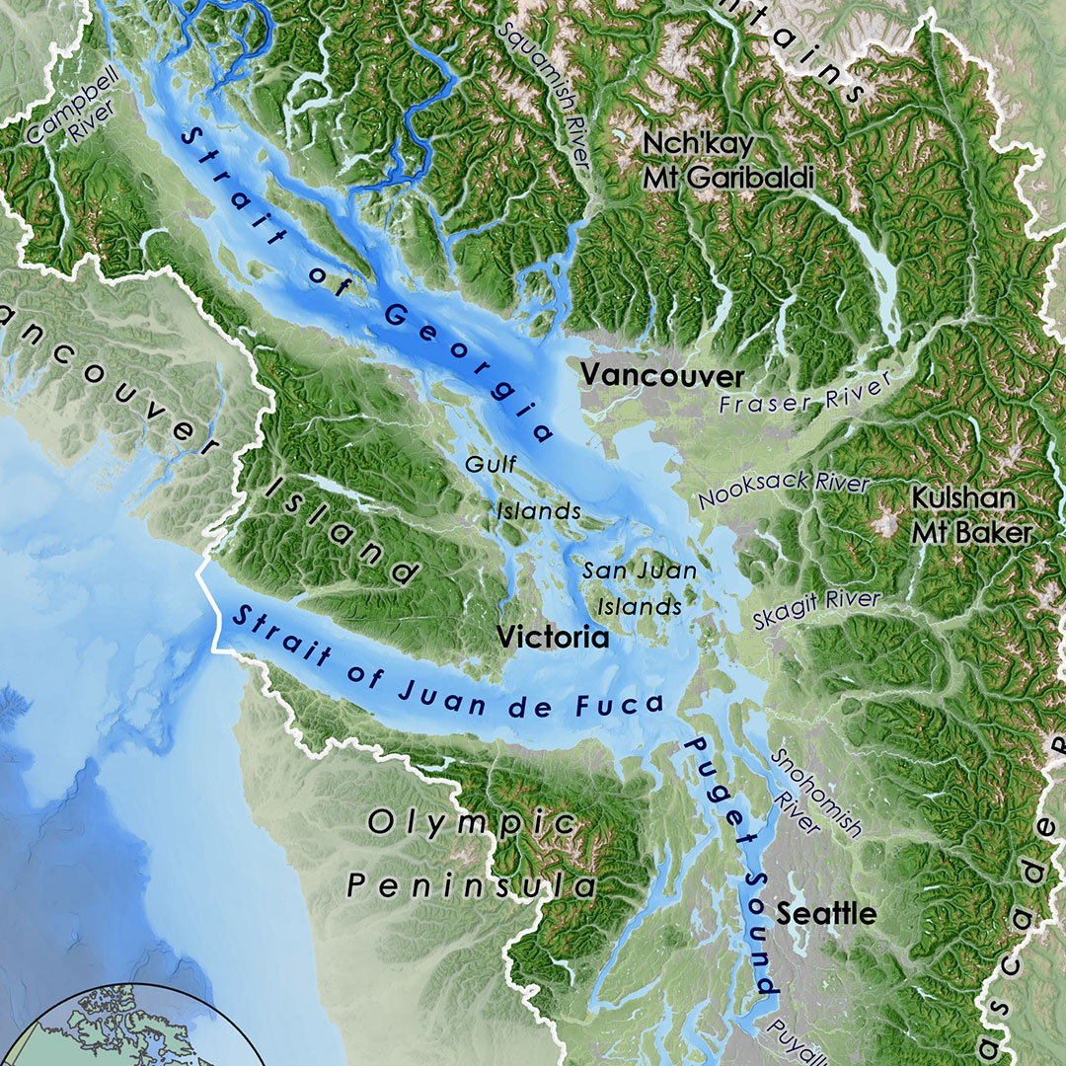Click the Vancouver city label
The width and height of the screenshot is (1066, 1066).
click(x=661, y=376)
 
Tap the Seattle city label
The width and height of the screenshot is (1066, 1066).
click(x=826, y=913)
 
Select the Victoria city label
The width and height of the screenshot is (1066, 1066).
click(x=553, y=639)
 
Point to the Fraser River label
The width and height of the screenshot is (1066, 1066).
click(x=804, y=394)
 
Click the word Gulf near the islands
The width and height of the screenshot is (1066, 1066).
click(x=492, y=464)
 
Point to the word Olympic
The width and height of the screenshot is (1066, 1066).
click(x=471, y=821)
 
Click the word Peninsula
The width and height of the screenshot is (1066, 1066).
click(x=472, y=885)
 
